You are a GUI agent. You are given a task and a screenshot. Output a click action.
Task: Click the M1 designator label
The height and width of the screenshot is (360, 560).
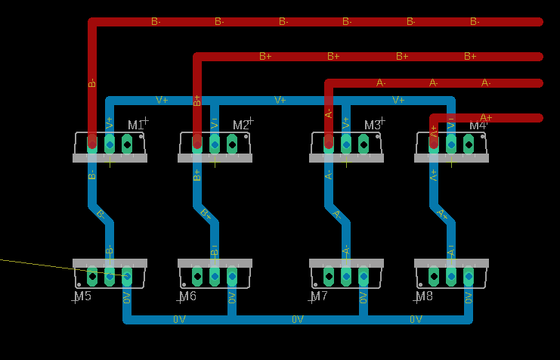[x=136, y=125]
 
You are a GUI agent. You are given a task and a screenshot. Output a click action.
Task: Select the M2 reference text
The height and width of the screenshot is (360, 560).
[x=241, y=125]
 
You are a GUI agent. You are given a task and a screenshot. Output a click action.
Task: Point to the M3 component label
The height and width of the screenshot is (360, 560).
[x=373, y=125]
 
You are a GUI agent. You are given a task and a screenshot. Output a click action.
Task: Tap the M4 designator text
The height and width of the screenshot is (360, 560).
[x=478, y=125]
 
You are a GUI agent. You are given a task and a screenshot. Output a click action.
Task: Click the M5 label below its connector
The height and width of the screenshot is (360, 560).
[x=83, y=296]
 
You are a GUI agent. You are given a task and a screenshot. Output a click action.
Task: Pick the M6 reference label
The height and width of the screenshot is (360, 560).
[x=188, y=296]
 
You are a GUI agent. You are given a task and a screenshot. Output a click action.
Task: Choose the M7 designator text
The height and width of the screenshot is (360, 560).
[x=320, y=296]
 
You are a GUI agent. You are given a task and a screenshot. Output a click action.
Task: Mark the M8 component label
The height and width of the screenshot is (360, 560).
[x=425, y=296]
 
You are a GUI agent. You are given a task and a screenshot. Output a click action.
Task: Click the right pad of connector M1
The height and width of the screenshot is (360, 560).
[x=127, y=143]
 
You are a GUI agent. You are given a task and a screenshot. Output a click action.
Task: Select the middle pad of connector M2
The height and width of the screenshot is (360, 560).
[x=215, y=143]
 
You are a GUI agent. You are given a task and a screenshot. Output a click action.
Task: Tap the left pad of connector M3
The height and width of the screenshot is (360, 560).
[x=329, y=143]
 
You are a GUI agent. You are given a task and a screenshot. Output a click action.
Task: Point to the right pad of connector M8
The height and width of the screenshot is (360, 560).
[x=469, y=276]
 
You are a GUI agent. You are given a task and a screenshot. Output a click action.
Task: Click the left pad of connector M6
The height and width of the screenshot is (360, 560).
[x=197, y=276]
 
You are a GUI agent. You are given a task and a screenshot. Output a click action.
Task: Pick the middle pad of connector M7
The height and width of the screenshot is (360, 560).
[x=346, y=276]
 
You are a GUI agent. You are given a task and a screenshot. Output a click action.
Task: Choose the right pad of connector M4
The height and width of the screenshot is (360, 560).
[x=469, y=143]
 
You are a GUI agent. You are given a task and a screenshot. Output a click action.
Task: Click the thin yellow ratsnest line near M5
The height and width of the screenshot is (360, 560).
[x=38, y=263]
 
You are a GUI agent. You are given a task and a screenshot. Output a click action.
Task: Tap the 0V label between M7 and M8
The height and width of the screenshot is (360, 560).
[x=416, y=320]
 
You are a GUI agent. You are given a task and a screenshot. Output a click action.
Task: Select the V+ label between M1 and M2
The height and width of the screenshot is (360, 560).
[x=162, y=100]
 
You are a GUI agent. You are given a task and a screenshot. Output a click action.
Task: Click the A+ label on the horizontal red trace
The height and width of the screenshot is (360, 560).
[x=486, y=117]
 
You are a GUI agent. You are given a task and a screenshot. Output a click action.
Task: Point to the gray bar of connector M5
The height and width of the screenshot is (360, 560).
[x=110, y=263]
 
